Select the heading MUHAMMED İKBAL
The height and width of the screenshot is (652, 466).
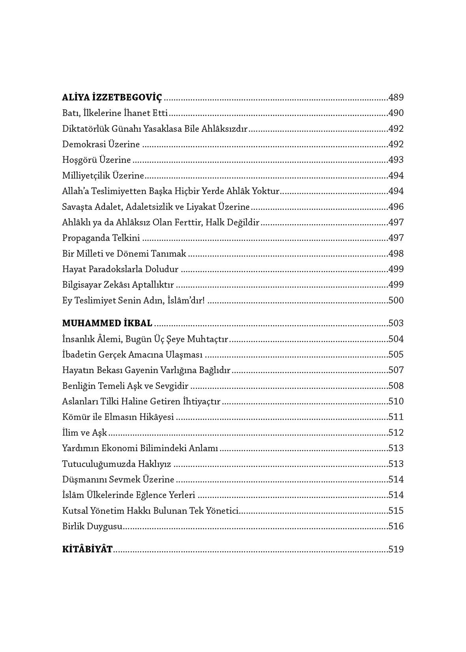(107, 323)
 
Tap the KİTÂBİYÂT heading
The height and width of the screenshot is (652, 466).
(88, 549)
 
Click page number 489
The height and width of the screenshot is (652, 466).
(396, 98)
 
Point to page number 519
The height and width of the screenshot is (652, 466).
(396, 549)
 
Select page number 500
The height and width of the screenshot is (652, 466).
(396, 301)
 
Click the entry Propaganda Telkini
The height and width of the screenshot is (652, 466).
(101, 238)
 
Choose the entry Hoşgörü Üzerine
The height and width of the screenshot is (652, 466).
(96, 160)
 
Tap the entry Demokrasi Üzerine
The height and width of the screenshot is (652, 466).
(101, 144)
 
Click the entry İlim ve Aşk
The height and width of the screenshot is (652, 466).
(84, 433)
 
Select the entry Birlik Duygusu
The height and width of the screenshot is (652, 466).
(92, 527)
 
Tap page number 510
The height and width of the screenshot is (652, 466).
(396, 402)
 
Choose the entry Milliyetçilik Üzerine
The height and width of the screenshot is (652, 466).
(103, 176)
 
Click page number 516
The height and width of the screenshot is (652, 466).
(396, 526)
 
